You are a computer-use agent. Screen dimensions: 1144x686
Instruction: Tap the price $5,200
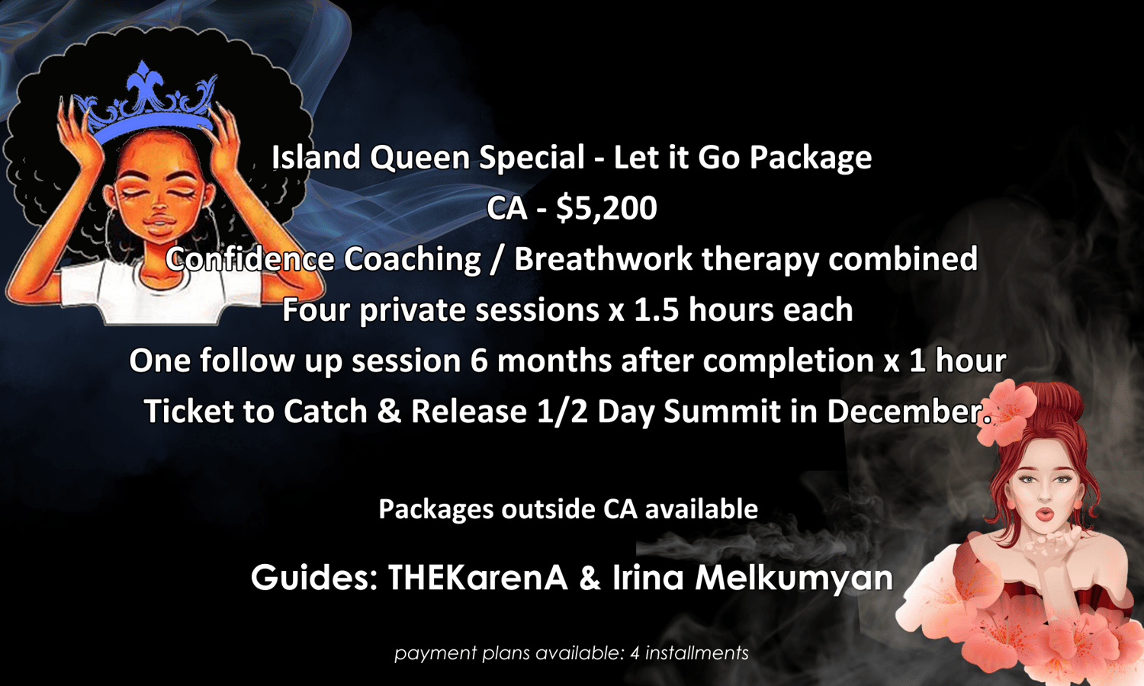click(606, 209)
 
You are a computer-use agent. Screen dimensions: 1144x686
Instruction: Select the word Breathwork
click(603, 258)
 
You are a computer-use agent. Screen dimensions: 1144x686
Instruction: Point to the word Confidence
click(249, 258)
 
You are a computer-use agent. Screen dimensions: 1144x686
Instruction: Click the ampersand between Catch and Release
click(389, 411)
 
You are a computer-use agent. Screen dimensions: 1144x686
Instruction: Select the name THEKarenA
click(477, 577)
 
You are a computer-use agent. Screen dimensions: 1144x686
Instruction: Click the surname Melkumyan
click(794, 579)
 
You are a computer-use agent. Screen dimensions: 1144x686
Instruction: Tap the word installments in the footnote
click(696, 652)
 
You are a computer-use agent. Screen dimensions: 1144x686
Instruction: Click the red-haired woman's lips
click(1045, 514)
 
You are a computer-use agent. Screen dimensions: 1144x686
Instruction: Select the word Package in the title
click(811, 159)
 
